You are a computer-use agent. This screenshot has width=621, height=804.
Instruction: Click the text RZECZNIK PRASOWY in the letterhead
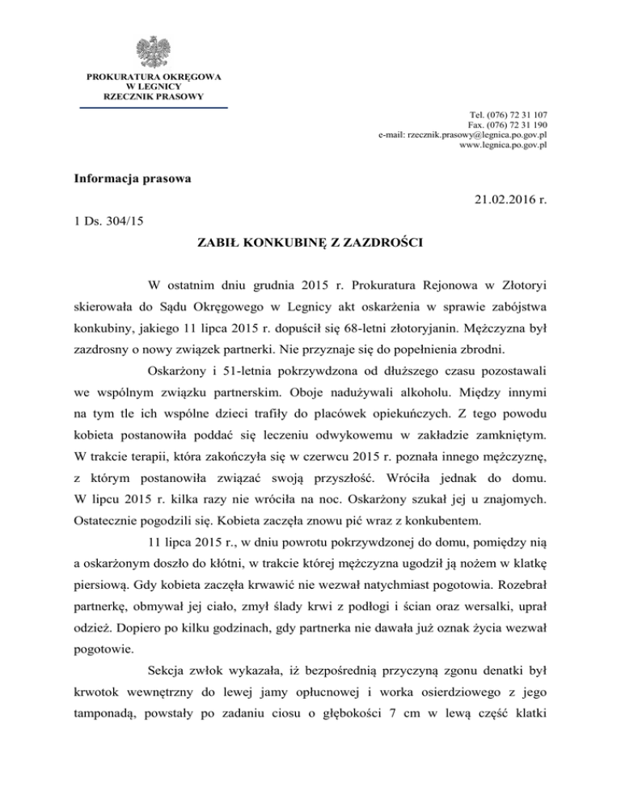tap(153, 96)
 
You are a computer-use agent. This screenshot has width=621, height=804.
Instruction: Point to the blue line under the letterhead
tap(153, 107)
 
